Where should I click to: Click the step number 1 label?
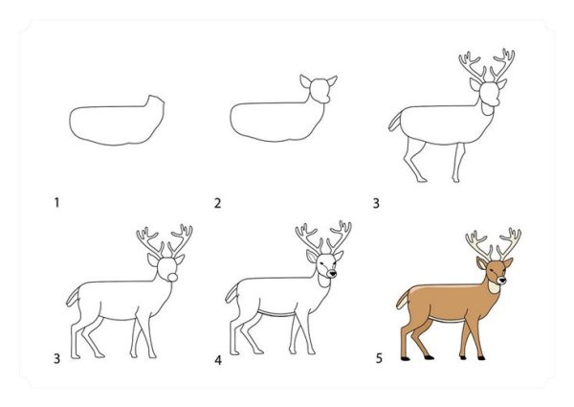coord(56,202)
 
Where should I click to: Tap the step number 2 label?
coord(217,203)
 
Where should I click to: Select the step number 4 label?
coord(218,360)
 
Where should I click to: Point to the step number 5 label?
coord(379,358)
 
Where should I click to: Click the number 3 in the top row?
coord(376,203)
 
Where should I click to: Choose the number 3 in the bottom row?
coord(56,358)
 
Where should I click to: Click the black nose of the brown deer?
coord(501,281)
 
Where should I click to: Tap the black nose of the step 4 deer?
coord(332,273)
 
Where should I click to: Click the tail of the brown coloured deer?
coord(404,299)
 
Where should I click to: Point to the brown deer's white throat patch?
coord(494,285)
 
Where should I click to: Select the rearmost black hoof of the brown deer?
coord(405,358)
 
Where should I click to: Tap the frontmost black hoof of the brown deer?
coord(481,357)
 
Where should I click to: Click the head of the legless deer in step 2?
coord(320,90)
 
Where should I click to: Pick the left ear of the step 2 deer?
coord(305,81)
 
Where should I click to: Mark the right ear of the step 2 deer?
coord(332,80)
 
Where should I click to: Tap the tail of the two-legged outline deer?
coord(395,122)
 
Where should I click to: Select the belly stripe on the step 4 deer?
coord(277,314)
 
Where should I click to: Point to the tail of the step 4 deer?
coord(232,294)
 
